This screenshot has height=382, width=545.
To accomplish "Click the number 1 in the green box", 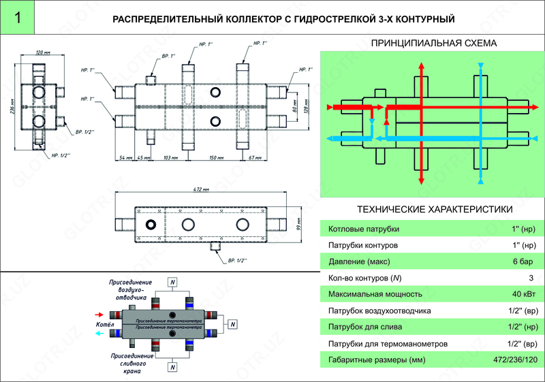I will pyautogui.click(x=16, y=18).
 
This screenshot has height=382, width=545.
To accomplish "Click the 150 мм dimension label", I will pyautogui.click(x=217, y=157).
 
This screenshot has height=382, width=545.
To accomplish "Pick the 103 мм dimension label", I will pyautogui.click(x=171, y=157).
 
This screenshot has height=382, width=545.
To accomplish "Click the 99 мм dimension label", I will pyautogui.click(x=299, y=222).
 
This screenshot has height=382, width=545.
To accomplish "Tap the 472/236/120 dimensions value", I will pyautogui.click(x=514, y=360).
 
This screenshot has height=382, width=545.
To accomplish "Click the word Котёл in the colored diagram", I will pyautogui.click(x=106, y=325).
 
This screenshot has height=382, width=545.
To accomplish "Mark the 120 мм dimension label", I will pyautogui.click(x=43, y=52).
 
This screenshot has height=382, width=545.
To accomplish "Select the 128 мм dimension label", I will pyautogui.click(x=305, y=108).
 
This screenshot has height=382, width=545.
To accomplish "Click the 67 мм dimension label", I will pyautogui.click(x=256, y=157).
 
